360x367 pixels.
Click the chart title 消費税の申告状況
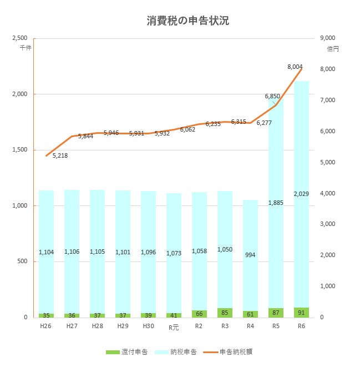click(x=180, y=21)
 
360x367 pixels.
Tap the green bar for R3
click(x=225, y=313)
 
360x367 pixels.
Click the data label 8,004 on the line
click(x=295, y=67)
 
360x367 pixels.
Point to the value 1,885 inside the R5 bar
click(x=276, y=203)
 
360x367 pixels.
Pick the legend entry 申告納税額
click(x=230, y=352)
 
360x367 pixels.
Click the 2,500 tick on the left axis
click(x=19, y=38)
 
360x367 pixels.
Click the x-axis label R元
click(x=174, y=327)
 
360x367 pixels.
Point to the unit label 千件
click(x=25, y=48)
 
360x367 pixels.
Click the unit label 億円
click(x=333, y=49)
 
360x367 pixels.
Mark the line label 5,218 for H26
click(x=60, y=156)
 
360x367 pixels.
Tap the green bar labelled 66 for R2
click(x=200, y=314)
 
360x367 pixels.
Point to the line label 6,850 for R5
click(x=272, y=97)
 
